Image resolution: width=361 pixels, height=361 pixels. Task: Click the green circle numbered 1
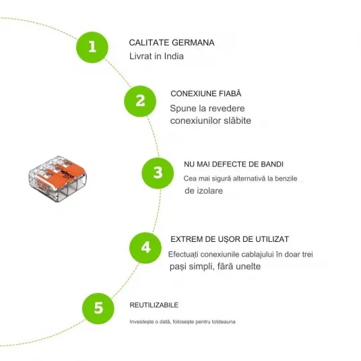pyautogui.click(x=92, y=47)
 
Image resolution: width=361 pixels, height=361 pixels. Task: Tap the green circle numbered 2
pyautogui.click(x=140, y=101)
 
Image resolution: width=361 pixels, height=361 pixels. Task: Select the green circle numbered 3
pyautogui.click(x=158, y=173)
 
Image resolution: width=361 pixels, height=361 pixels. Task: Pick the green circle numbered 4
pyautogui.click(x=145, y=248)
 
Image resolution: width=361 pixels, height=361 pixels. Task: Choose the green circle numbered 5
pyautogui.click(x=98, y=308)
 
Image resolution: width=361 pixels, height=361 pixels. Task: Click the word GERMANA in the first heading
pyautogui.click(x=193, y=42)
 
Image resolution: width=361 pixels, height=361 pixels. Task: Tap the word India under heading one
pyautogui.click(x=174, y=56)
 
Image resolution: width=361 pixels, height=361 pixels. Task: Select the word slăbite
pyautogui.click(x=237, y=121)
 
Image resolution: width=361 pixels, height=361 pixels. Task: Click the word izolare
pyautogui.click(x=210, y=191)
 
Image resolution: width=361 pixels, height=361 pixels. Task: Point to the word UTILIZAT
pyautogui.click(x=272, y=239)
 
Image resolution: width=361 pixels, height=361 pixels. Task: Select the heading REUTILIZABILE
pyautogui.click(x=154, y=305)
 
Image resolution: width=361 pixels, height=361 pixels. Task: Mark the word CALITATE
pyautogui.click(x=150, y=42)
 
